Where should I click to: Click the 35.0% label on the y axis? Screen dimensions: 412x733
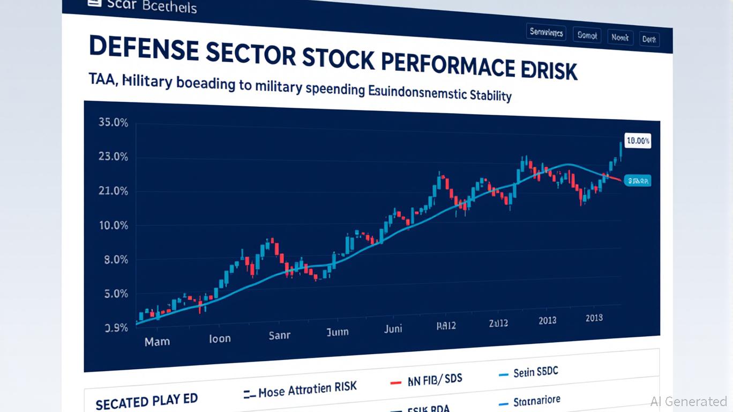(113, 122)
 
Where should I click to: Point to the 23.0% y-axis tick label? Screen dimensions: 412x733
(113, 157)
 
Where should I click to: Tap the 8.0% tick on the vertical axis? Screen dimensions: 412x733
(113, 260)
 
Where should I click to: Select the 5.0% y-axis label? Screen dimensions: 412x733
(113, 294)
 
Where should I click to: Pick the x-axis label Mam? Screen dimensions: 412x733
(157, 341)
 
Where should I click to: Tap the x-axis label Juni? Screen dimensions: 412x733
(393, 328)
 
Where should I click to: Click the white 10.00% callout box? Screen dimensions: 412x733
(638, 141)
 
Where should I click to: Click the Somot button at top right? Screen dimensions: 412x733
(587, 35)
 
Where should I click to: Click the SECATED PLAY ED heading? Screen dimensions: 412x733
(146, 401)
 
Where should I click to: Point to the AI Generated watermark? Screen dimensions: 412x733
(689, 401)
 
